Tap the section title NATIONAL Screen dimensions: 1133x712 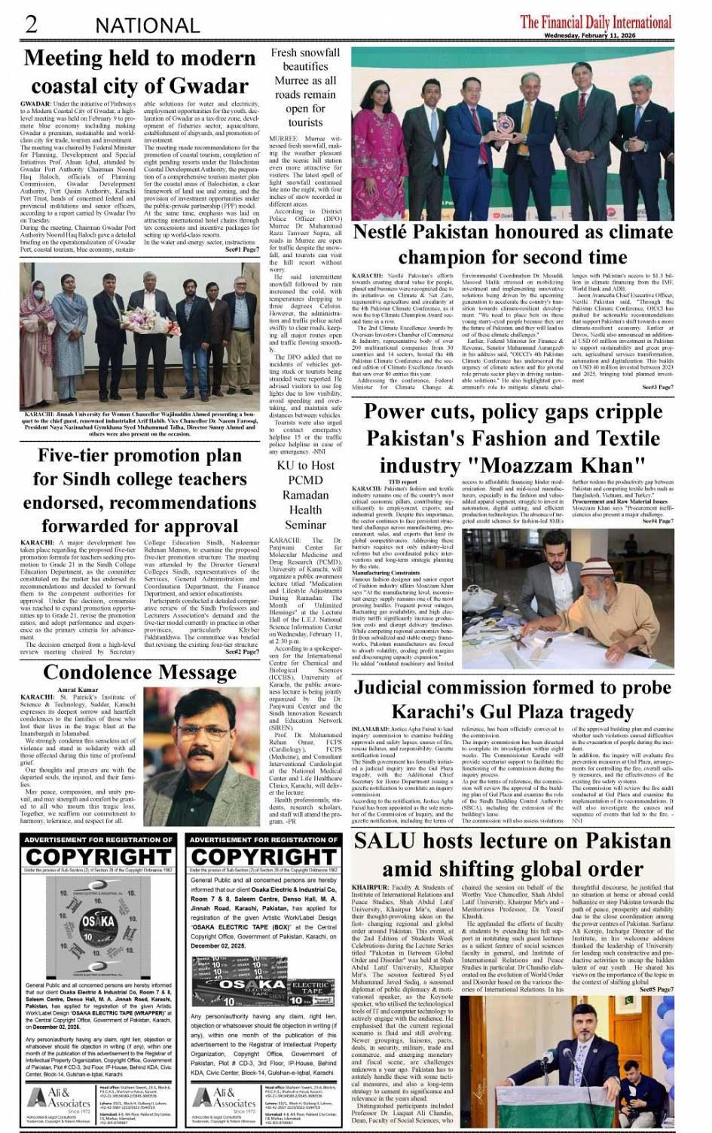point(147,25)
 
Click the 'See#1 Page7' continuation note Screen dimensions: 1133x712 point(242,249)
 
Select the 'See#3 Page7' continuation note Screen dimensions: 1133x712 point(657,387)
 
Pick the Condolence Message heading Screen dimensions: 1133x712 point(139,672)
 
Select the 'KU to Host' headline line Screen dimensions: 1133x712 point(305,466)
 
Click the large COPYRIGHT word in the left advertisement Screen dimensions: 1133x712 point(98,857)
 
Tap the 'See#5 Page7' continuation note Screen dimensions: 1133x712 point(657,989)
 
